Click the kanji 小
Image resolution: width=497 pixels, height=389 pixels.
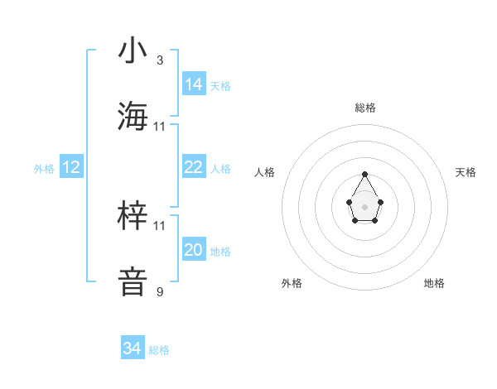coord(133,51)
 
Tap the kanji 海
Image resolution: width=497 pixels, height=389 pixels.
coord(133,116)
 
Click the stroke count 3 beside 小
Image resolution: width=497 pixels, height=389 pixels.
coord(160,60)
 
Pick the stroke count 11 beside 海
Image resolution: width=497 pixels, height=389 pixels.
coord(160,126)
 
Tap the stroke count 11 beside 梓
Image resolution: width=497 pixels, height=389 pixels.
coord(160,225)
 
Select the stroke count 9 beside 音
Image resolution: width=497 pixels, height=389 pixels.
coord(160,291)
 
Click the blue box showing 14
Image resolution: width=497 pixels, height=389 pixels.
coord(194,84)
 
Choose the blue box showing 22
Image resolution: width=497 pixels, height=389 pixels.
coord(194,167)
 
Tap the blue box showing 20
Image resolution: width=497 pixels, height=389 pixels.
coord(194,250)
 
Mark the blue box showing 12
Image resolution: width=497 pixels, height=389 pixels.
coord(71,167)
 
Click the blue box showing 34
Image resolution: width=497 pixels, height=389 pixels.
coord(133,348)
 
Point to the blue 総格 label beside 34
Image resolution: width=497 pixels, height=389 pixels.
coord(160,350)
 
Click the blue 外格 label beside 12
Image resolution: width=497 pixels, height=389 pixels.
coord(44,169)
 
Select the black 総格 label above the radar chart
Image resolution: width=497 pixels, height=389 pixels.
coord(364,108)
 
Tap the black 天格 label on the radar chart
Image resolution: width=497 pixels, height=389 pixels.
coord(466,172)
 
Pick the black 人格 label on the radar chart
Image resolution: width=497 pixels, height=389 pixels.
coord(265,172)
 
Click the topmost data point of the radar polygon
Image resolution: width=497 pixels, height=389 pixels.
coord(364,174)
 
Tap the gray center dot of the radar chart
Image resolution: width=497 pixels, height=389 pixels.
coord(364,205)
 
